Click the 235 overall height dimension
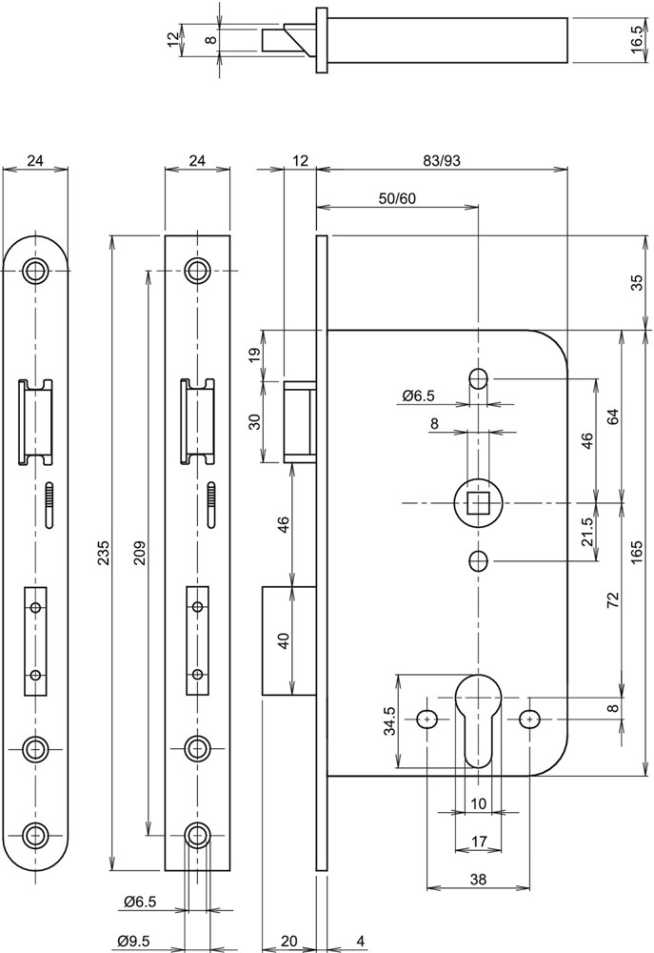click(104, 552)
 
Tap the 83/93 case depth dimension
click(441, 161)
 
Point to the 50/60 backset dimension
click(397, 198)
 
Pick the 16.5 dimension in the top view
click(637, 41)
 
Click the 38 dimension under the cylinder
click(477, 880)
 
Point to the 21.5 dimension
click(587, 530)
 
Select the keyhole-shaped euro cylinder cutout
click(477, 715)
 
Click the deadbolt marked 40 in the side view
click(289, 639)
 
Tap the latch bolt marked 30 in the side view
click(299, 420)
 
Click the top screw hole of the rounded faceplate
click(36, 270)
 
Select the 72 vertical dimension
click(613, 599)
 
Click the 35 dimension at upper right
click(637, 283)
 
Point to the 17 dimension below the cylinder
click(477, 841)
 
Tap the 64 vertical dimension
click(613, 416)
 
